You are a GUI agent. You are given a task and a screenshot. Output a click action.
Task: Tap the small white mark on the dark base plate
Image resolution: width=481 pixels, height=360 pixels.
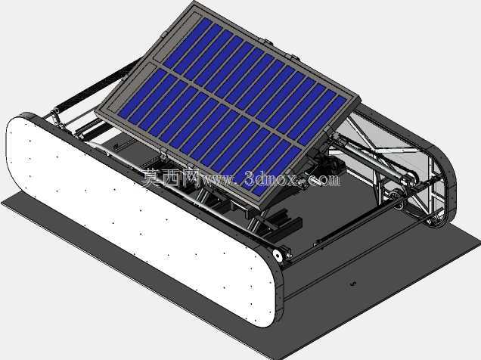(352, 284)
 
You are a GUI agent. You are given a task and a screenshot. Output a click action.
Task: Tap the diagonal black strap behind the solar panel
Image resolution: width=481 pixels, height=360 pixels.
(96, 84)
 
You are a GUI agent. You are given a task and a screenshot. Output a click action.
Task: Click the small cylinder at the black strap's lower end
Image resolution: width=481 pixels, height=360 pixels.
(57, 110)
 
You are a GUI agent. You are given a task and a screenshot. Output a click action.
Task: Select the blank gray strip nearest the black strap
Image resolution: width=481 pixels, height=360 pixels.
(173, 37)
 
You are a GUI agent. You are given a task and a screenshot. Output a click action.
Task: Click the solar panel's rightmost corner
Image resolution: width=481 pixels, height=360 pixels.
(361, 98)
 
